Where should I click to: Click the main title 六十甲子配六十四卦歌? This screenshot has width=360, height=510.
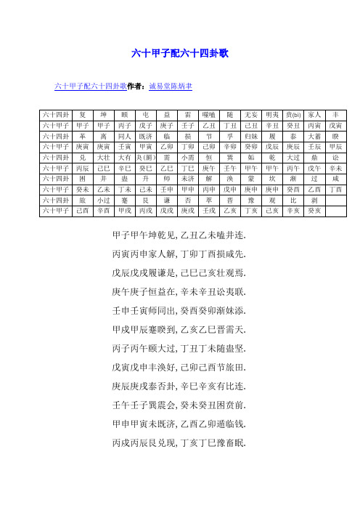180,53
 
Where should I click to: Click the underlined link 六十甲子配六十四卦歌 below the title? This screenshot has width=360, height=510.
91,86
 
